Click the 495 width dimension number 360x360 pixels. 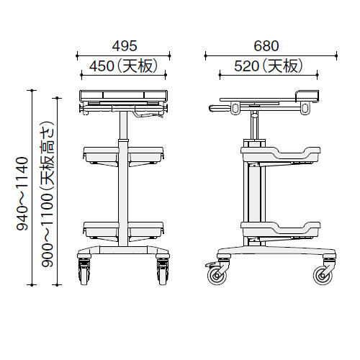coord(123,45)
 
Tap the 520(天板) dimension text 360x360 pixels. coord(267,66)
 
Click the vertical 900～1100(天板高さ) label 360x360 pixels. coord(48,194)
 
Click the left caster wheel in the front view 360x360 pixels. coord(84,272)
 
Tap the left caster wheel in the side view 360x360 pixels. coord(215,274)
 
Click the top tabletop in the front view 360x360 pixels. coord(123,94)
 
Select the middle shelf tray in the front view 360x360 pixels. coord(123,153)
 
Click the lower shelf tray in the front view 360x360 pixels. coord(123,228)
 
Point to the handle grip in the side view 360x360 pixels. coord(220,109)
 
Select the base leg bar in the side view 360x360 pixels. coord(274,253)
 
